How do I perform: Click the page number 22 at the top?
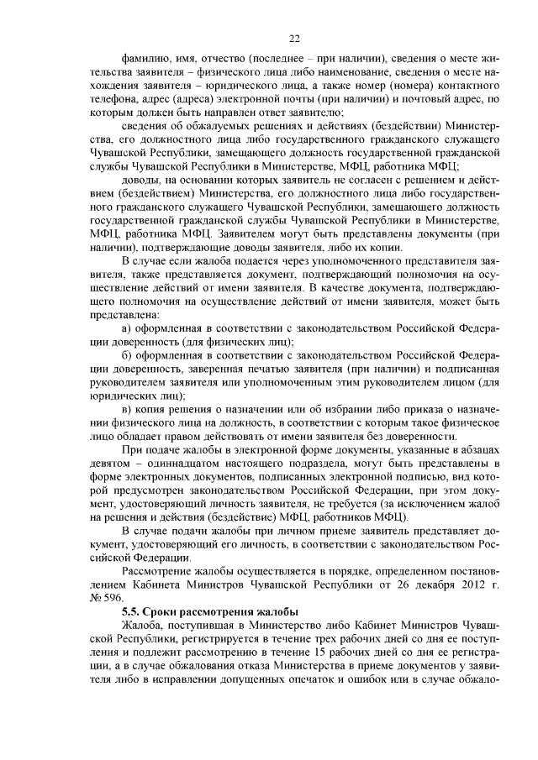tap(294, 38)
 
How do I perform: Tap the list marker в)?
tap(129, 407)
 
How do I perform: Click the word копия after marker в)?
tap(161, 407)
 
